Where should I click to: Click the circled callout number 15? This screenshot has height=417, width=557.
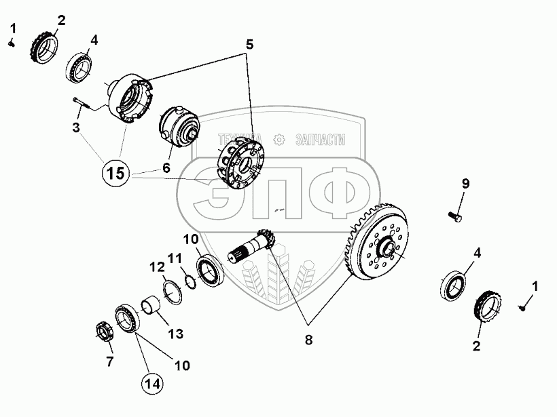pos(116,174)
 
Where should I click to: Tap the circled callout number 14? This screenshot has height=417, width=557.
pos(152,384)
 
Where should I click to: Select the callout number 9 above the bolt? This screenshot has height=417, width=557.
pos(465,184)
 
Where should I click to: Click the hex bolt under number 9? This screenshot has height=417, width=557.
pos(454,216)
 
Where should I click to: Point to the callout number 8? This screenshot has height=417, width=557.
pos(308,340)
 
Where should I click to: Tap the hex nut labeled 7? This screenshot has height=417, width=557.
pos(105,332)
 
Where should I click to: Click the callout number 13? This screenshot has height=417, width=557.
pos(175,334)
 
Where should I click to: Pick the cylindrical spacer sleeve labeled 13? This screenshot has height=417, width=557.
pos(151,305)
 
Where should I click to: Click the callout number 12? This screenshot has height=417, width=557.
pos(157,267)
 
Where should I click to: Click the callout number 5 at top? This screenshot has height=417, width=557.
pos(249,45)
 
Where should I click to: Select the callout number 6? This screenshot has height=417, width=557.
pos(166,167)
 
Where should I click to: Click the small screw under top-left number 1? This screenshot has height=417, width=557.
pos(12,43)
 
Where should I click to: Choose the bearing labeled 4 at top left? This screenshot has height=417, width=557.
pos(79,67)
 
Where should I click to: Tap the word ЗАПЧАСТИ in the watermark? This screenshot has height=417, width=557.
pos(320,140)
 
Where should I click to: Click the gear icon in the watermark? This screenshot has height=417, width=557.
pos(279,140)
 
